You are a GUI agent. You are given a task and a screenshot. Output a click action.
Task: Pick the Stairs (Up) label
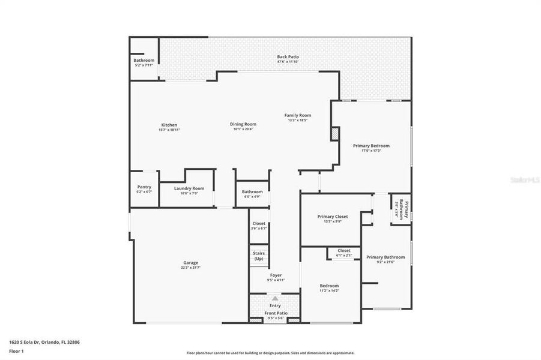(259, 256)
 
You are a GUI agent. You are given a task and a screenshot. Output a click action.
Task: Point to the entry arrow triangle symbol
(275, 298)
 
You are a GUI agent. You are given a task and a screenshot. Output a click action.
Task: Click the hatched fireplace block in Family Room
(335, 134)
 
